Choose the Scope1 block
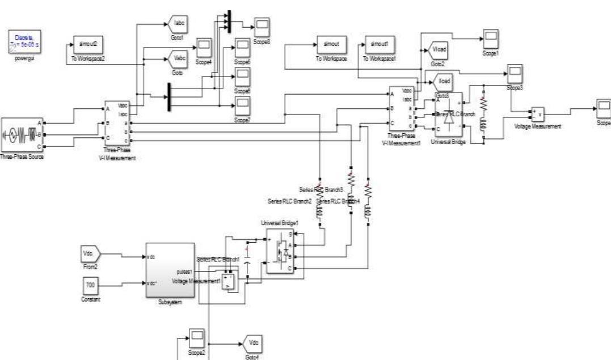pos(490,39)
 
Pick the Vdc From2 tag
pos(90,255)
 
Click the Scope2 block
pos(197,338)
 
